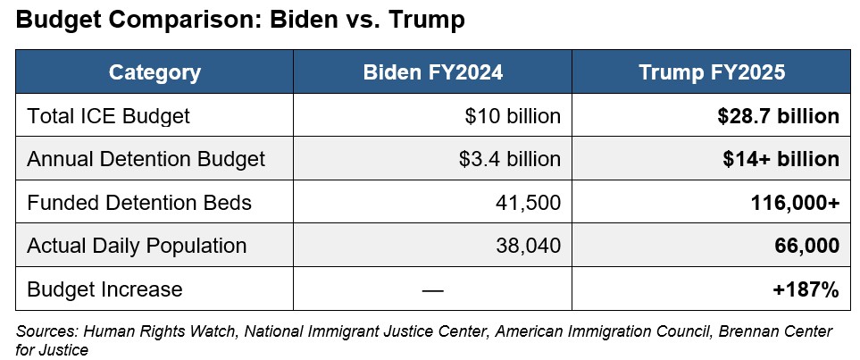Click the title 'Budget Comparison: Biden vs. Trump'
click(240, 21)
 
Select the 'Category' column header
click(154, 72)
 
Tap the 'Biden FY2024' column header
click(432, 72)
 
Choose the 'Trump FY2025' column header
click(712, 72)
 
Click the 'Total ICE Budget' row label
click(108, 116)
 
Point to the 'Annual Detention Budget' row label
click(146, 159)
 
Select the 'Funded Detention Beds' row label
click(139, 203)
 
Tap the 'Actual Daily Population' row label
click(137, 246)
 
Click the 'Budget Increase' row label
click(104, 289)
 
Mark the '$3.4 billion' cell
click(509, 159)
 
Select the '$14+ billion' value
click(781, 159)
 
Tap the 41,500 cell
click(528, 203)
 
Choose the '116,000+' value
click(795, 203)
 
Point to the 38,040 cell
click(528, 246)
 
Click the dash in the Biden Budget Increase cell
click(432, 289)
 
